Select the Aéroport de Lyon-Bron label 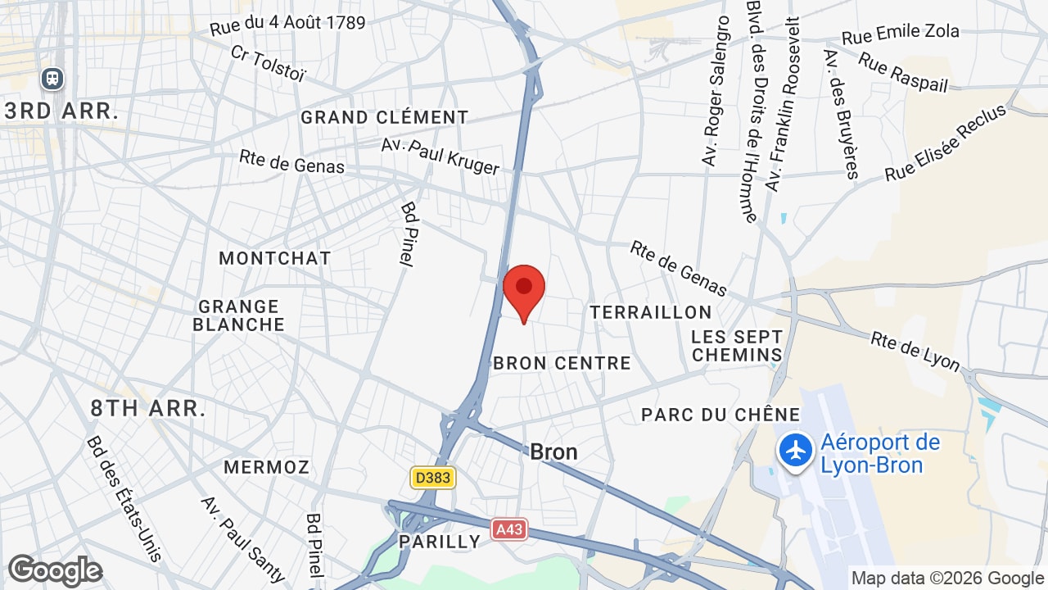point(880,454)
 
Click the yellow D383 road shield point(432,477)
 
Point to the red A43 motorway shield point(509,530)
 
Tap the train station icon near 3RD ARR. point(52,79)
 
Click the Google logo point(55,570)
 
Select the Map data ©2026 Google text point(947,578)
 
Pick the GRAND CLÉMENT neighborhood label point(384,117)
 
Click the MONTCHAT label point(275,258)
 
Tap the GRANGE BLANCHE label point(239,315)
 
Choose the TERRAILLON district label point(651,312)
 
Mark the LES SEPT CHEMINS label point(737,346)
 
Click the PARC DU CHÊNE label point(709,415)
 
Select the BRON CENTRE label point(562,363)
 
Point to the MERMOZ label point(267,467)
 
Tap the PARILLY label point(440,542)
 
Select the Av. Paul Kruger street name point(440,156)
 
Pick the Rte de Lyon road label point(915,351)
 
